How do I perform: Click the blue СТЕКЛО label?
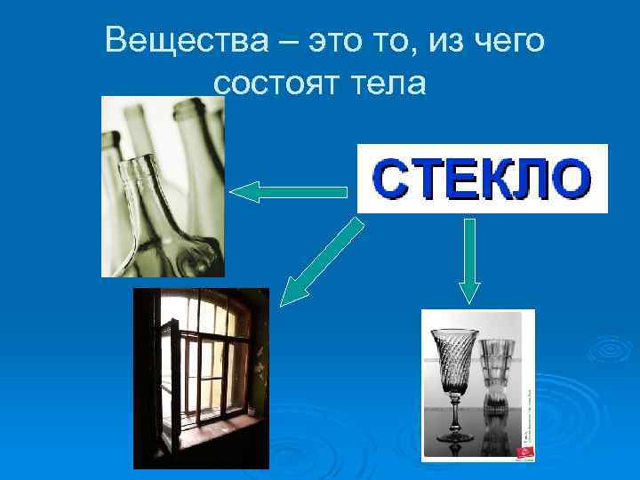482,179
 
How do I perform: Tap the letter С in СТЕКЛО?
389,180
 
